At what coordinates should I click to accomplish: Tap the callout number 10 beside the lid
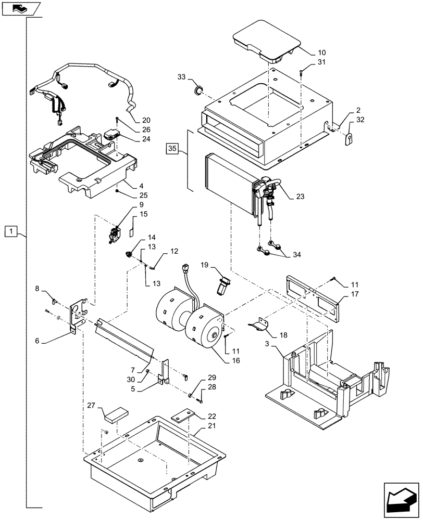coord(321,52)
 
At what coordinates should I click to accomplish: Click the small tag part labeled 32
coord(349,138)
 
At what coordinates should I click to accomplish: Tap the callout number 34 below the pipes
coord(297,254)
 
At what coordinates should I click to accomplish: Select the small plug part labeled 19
coord(225,285)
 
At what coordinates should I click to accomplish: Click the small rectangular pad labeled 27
coord(117,414)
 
